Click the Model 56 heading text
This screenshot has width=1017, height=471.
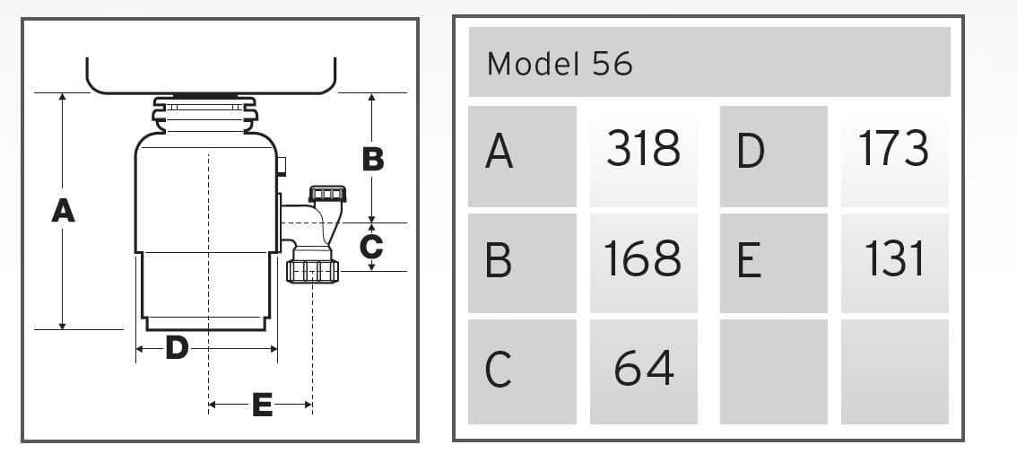pos(560,63)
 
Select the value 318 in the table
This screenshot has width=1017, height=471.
pos(643,148)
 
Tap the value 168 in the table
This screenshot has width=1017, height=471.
pos(643,258)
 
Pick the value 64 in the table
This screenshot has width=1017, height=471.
pos(643,368)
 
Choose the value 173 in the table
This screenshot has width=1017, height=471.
pos(893,148)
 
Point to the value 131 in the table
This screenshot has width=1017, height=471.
pos(893,258)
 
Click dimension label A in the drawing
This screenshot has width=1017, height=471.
pos(63,211)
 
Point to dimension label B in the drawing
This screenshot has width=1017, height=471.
pos(372,160)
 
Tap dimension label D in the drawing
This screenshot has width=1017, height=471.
pos(177,347)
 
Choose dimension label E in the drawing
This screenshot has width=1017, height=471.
pos(261,406)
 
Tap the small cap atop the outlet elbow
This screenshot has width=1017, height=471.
pos(326,194)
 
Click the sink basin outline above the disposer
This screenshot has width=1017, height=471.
pos(211,79)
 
